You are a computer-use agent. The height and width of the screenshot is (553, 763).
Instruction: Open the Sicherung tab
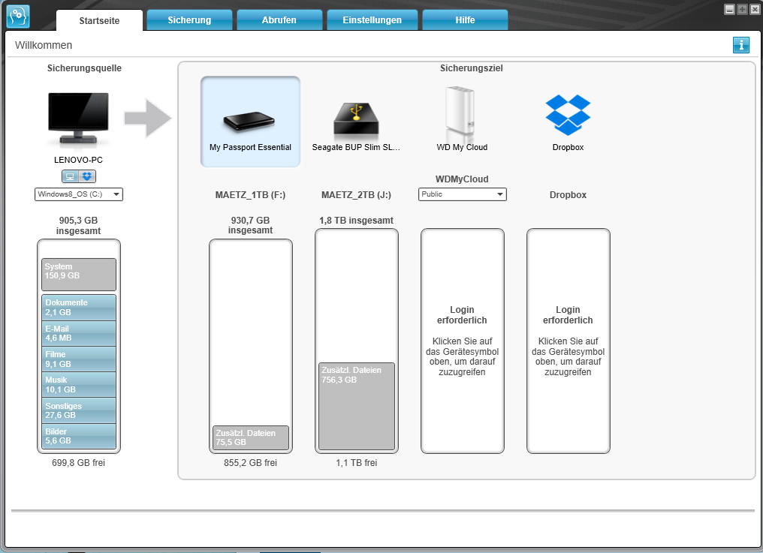click(x=189, y=20)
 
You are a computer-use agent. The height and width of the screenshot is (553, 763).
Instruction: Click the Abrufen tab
click(x=279, y=20)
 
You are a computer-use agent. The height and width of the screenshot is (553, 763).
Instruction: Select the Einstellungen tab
click(x=372, y=20)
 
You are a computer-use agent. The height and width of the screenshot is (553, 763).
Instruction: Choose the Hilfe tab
click(x=465, y=20)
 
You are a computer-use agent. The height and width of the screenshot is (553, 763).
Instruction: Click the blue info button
click(x=741, y=46)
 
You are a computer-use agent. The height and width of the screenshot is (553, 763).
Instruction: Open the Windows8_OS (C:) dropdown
click(x=79, y=194)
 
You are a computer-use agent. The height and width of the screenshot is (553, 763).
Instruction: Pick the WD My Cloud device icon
click(x=462, y=113)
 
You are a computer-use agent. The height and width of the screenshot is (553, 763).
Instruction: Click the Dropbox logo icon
click(x=567, y=114)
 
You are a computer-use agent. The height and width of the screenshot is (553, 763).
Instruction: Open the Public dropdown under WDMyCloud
click(x=462, y=194)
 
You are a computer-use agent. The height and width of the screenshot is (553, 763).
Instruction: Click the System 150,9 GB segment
click(x=79, y=275)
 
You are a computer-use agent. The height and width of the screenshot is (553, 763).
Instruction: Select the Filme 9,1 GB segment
click(x=79, y=359)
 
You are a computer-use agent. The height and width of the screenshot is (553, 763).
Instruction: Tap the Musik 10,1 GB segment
click(x=79, y=385)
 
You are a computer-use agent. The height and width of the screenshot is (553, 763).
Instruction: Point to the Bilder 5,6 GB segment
click(x=79, y=437)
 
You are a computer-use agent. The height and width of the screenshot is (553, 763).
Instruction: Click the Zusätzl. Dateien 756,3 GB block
click(x=357, y=406)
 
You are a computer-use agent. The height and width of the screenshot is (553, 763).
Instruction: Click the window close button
click(x=755, y=10)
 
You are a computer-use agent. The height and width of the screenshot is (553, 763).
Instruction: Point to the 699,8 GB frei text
click(x=79, y=463)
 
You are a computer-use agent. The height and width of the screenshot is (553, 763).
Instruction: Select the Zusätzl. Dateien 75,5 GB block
click(x=251, y=437)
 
